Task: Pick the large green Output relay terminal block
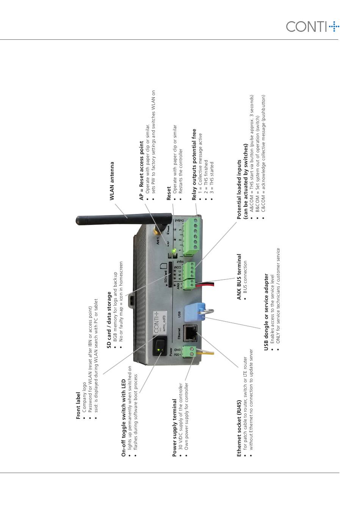(191, 235)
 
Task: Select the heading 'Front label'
(78, 406)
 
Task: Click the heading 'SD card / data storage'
(109, 320)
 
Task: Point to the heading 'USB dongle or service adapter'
(266, 312)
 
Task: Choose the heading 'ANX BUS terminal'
(239, 277)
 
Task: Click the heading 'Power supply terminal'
(175, 428)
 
